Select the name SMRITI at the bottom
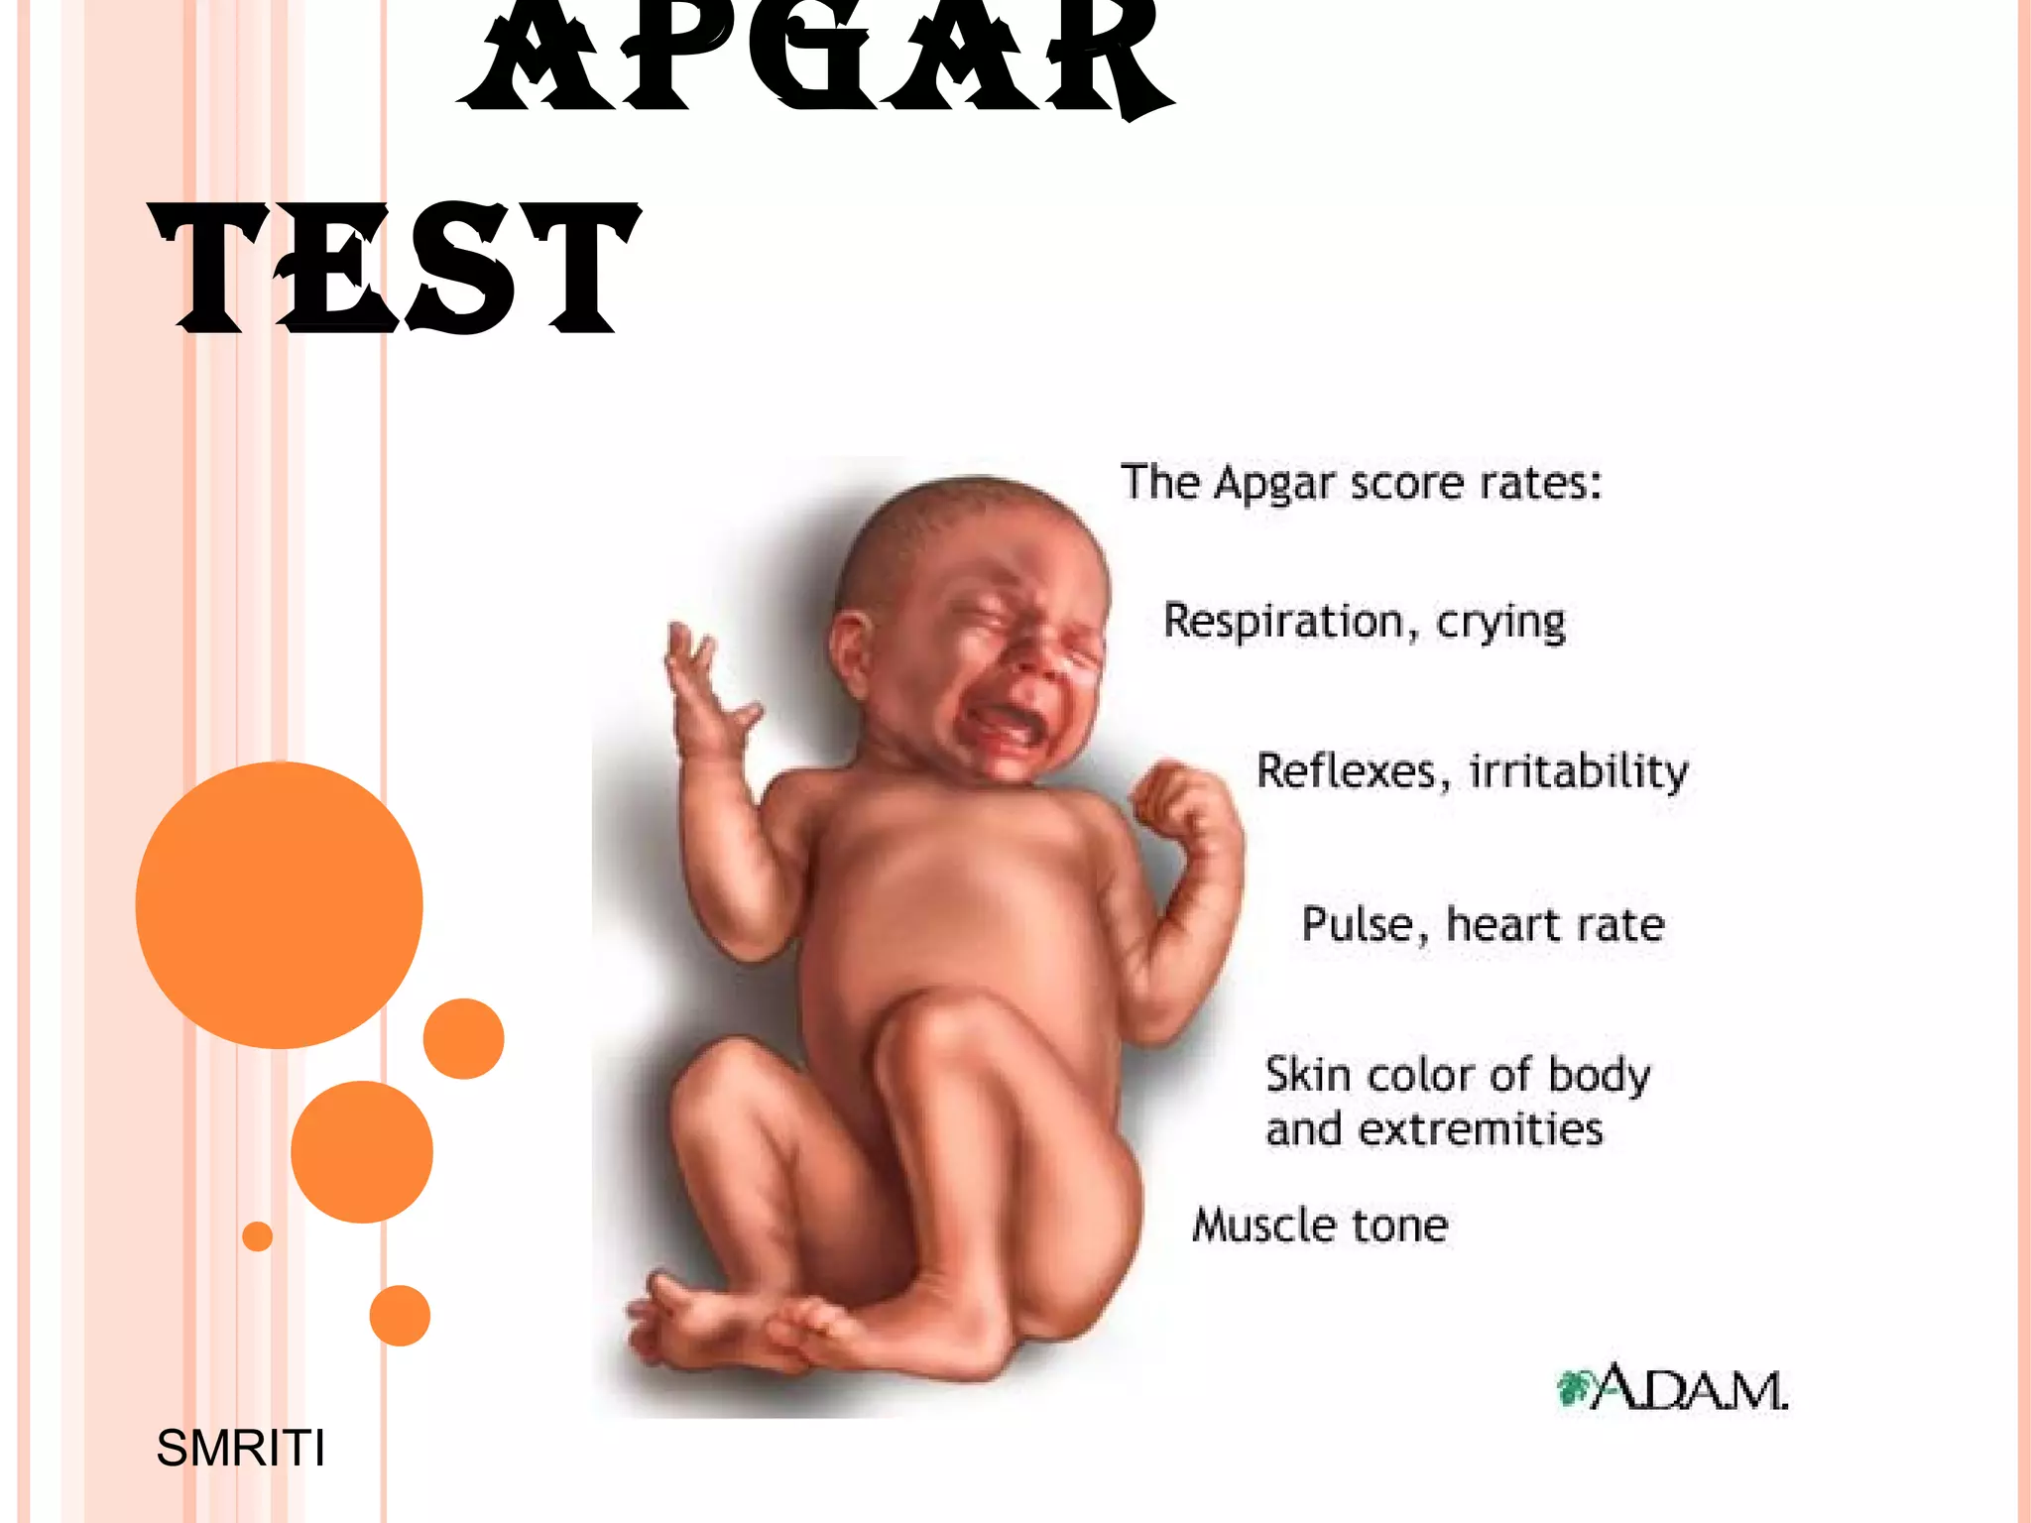(240, 1449)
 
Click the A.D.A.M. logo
(1672, 1388)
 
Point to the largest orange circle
(279, 904)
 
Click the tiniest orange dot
(257, 1236)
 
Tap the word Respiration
(1283, 622)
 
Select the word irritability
(1578, 771)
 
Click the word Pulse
(1357, 924)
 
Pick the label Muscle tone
(1320, 1226)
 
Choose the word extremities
(1480, 1129)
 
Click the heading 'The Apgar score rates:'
(1361, 483)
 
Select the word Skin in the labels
(1307, 1075)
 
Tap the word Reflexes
(1346, 771)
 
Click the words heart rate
(1555, 924)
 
